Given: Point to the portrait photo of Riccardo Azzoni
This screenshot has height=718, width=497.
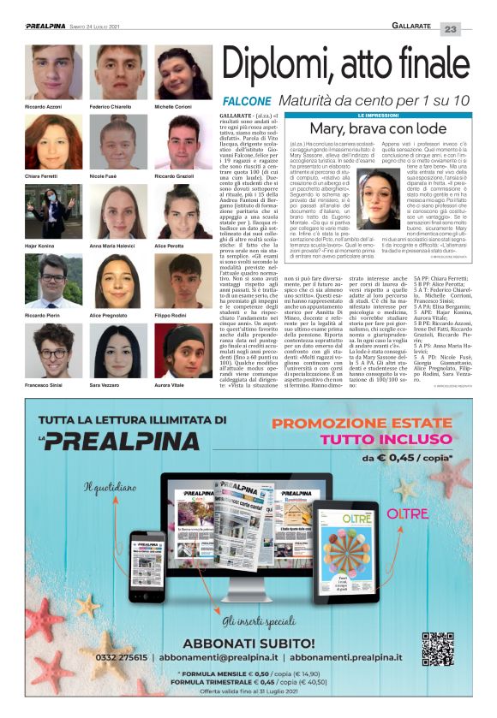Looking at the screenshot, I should click(53, 73).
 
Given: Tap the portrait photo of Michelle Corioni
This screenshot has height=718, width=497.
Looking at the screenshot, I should click(182, 73).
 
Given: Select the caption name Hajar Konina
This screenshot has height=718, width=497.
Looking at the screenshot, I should click(42, 246).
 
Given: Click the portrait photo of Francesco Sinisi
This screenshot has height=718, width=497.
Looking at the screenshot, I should click(53, 351).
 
